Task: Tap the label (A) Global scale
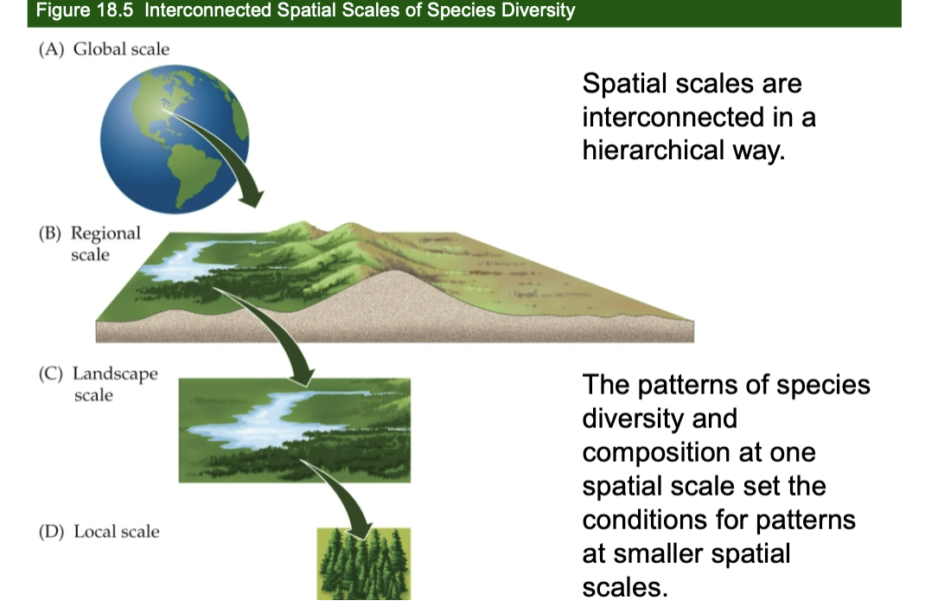(104, 49)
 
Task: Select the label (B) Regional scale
(90, 243)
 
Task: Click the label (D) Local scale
(99, 531)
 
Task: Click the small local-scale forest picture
(363, 564)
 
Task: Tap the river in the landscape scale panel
(259, 419)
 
